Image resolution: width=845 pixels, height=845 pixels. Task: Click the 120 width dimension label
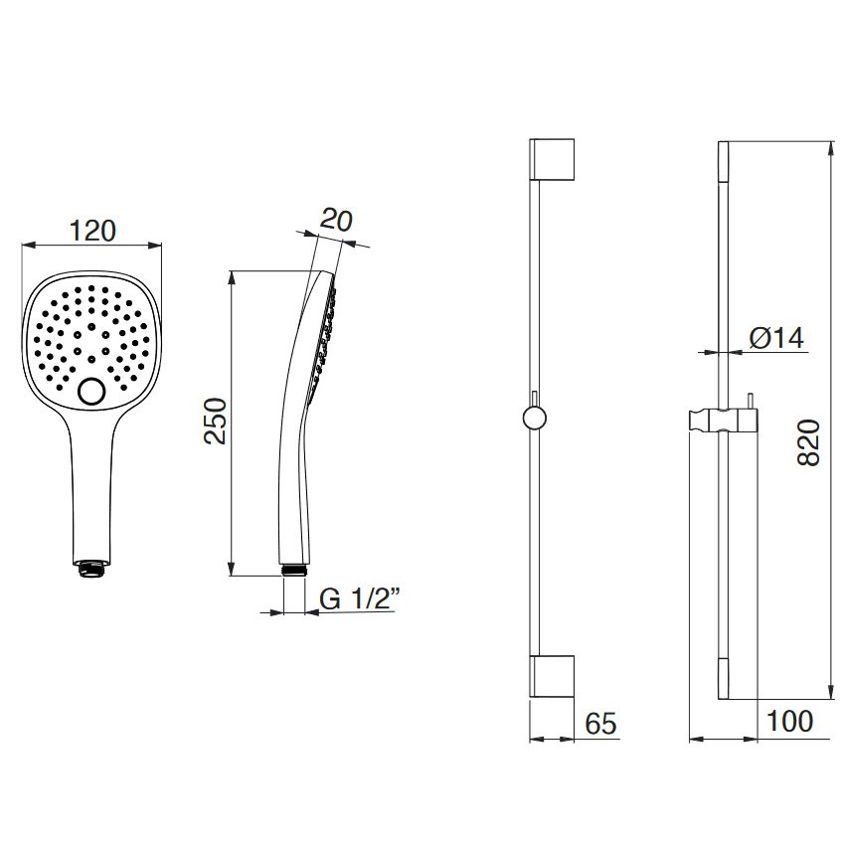pyautogui.click(x=92, y=231)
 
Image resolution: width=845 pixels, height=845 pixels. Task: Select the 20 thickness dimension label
pyautogui.click(x=336, y=220)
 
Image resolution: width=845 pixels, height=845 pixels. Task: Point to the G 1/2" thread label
pyautogui.click(x=360, y=598)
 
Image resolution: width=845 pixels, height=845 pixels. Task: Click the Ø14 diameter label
pyautogui.click(x=776, y=338)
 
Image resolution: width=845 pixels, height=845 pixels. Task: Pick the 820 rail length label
pyautogui.click(x=808, y=442)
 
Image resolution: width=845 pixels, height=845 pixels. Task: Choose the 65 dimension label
pyautogui.click(x=600, y=723)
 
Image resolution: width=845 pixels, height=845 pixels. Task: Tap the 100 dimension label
pyautogui.click(x=789, y=721)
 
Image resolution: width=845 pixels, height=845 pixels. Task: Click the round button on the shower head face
pyautogui.click(x=91, y=392)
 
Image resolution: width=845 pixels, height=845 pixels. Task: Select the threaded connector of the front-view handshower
pyautogui.click(x=91, y=569)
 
